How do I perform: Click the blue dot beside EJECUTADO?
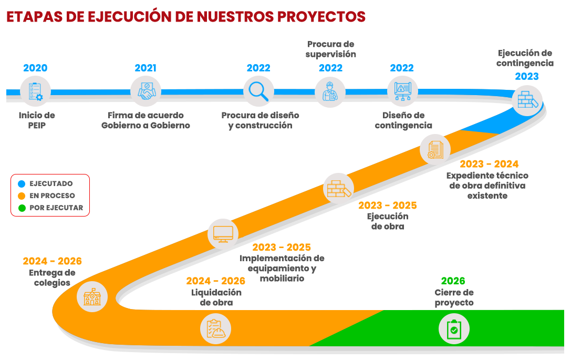22,184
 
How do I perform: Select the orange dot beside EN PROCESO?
22,196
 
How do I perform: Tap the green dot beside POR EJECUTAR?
22,208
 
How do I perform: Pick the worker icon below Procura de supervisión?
330,92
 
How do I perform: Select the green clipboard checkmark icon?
454,330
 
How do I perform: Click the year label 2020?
35,68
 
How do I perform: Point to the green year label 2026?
453,281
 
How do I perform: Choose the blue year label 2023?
526,76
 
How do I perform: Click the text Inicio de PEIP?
37,120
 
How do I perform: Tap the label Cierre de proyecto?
454,298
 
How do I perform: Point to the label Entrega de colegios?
52,277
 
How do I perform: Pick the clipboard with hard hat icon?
216,330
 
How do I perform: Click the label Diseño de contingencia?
403,120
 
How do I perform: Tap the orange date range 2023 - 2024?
489,164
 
